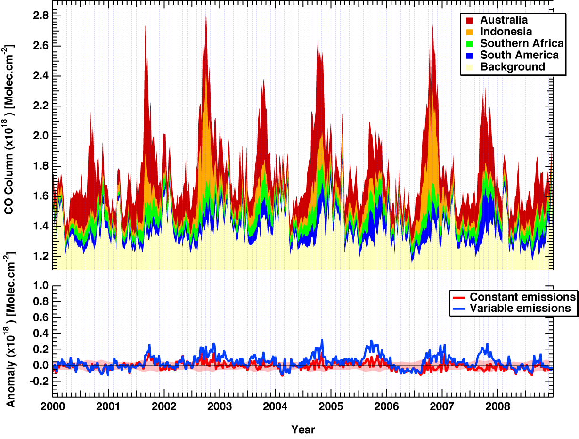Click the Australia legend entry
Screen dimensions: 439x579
pyautogui.click(x=504, y=20)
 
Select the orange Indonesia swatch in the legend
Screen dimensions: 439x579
pyautogui.click(x=469, y=32)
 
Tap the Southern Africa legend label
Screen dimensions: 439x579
pyautogui.click(x=522, y=43)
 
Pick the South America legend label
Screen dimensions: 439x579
pyautogui.click(x=519, y=55)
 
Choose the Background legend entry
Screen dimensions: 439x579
pyautogui.click(x=513, y=67)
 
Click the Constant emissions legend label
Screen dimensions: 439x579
pyautogui.click(x=522, y=297)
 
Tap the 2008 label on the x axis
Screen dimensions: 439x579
pyautogui.click(x=497, y=406)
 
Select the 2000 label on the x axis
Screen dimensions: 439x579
pyautogui.click(x=53, y=406)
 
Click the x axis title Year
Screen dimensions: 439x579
pyautogui.click(x=303, y=430)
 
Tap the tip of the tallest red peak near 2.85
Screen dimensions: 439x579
pyautogui.click(x=206, y=9)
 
